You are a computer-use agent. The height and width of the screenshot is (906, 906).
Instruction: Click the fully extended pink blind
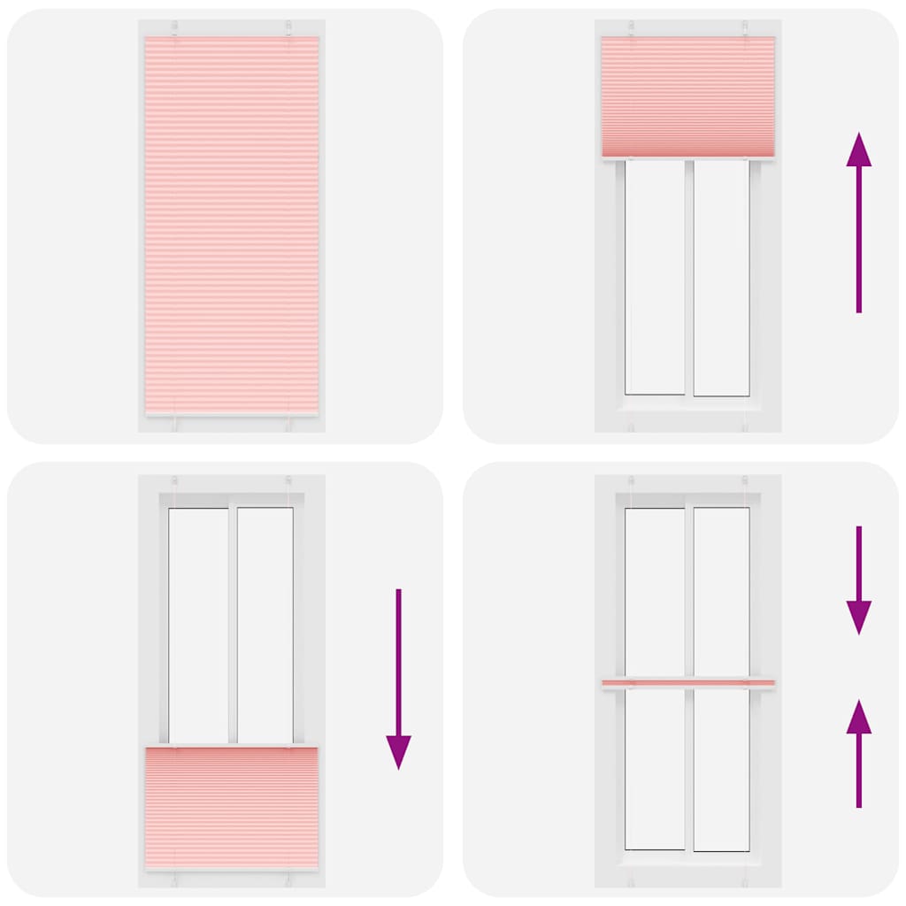tap(232, 221)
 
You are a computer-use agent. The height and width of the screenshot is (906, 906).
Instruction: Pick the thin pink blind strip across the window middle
tap(687, 683)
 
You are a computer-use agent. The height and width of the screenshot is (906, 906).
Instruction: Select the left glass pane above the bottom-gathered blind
tap(198, 624)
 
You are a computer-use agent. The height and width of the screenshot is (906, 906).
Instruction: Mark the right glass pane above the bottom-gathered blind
tap(265, 624)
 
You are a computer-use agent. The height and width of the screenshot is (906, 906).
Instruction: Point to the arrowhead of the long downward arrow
tap(398, 752)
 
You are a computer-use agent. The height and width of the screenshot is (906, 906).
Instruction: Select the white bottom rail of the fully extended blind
tap(232, 413)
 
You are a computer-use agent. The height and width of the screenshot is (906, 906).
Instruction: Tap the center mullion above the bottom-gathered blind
tap(232, 624)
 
